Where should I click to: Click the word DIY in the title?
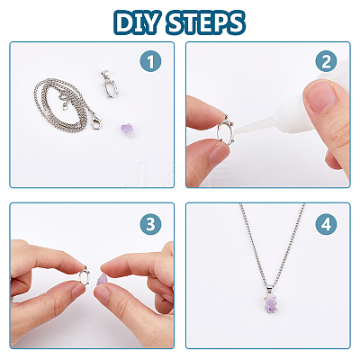136,23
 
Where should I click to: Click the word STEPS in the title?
205,23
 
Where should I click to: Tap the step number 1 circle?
150,61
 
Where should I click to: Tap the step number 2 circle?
326,61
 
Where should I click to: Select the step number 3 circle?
150,224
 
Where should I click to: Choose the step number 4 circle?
326,224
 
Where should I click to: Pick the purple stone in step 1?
128,130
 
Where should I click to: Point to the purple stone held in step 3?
102,280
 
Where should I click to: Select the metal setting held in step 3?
85,274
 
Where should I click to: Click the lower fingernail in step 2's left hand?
218,154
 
